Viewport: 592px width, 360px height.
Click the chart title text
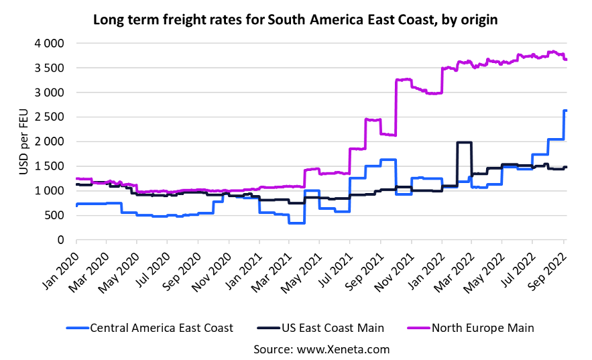click(x=295, y=19)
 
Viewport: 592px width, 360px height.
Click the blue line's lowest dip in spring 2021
click(x=296, y=223)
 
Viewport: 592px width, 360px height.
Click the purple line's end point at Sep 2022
click(x=566, y=60)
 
